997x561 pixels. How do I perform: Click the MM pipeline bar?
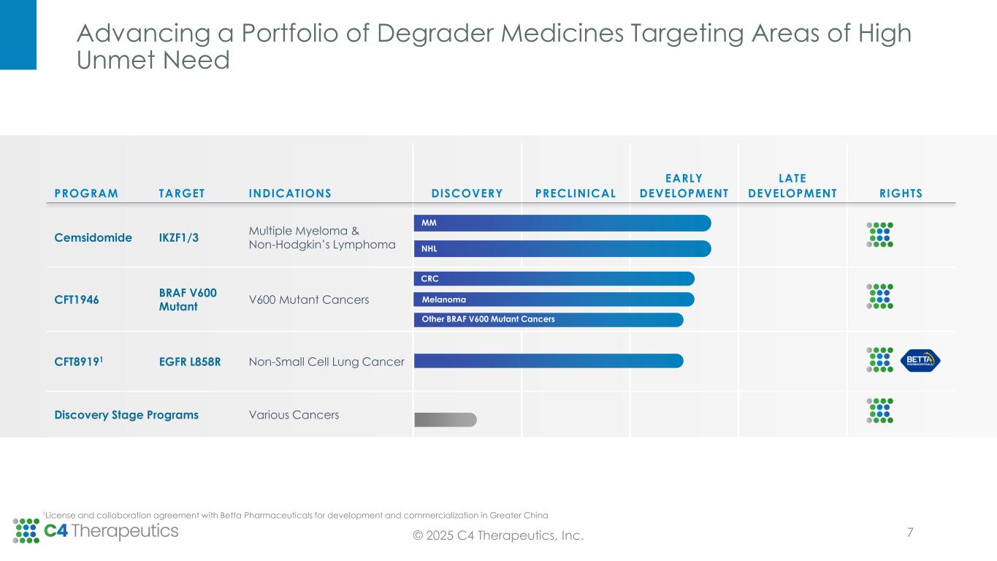(562, 223)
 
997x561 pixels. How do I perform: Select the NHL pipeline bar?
(562, 248)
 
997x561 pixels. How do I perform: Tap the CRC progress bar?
(554, 278)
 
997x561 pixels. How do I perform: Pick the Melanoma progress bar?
(554, 299)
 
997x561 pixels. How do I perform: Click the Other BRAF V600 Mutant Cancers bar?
(548, 319)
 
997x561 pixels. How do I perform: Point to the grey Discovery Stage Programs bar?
(445, 419)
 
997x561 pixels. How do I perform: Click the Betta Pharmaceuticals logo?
(920, 359)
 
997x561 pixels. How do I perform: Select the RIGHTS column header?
(901, 194)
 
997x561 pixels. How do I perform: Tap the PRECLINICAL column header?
(576, 194)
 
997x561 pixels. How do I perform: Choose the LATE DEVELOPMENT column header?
(792, 186)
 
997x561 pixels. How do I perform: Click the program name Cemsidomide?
(93, 237)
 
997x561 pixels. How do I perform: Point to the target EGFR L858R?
(190, 361)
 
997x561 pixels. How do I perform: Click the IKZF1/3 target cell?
(179, 237)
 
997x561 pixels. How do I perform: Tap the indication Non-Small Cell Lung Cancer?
(326, 361)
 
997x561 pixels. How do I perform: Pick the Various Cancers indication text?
(294, 415)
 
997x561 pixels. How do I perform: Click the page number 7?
(910, 532)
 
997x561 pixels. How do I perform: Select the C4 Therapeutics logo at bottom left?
(96, 530)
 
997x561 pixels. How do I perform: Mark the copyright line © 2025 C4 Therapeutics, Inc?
(498, 536)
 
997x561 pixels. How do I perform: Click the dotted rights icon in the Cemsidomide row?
(879, 234)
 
